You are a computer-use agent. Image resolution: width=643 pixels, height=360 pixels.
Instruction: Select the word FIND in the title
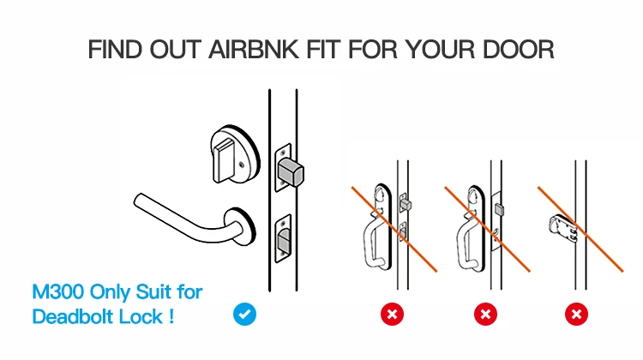[x=115, y=50]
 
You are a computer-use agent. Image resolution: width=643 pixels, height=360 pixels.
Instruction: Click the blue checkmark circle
[x=244, y=315]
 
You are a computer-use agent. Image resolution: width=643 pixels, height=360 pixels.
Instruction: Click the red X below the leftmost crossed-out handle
[x=392, y=315]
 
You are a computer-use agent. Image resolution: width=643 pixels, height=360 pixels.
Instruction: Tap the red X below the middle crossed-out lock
[x=485, y=315]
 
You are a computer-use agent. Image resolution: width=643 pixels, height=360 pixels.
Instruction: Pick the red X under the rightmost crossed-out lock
[x=576, y=315]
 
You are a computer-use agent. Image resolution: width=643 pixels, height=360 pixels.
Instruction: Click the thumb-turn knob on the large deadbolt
[x=223, y=160]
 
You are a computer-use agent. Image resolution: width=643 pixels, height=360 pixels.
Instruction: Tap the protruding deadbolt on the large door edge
[x=291, y=172]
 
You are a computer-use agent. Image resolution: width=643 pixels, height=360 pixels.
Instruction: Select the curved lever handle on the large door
[x=187, y=219]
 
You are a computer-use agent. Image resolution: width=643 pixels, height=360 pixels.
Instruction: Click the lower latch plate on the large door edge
[x=283, y=238]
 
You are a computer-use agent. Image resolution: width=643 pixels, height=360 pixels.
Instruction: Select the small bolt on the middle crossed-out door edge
[x=499, y=209]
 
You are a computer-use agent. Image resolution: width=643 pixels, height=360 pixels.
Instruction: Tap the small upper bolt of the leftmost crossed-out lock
[x=406, y=204]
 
